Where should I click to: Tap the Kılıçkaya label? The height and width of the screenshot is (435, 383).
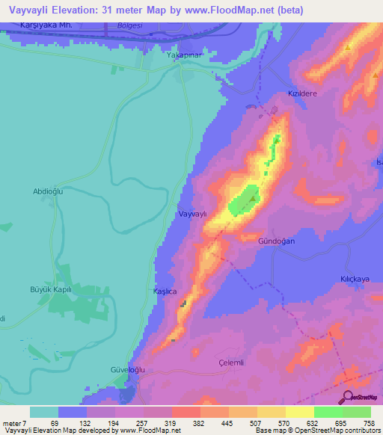click(x=355, y=278)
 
